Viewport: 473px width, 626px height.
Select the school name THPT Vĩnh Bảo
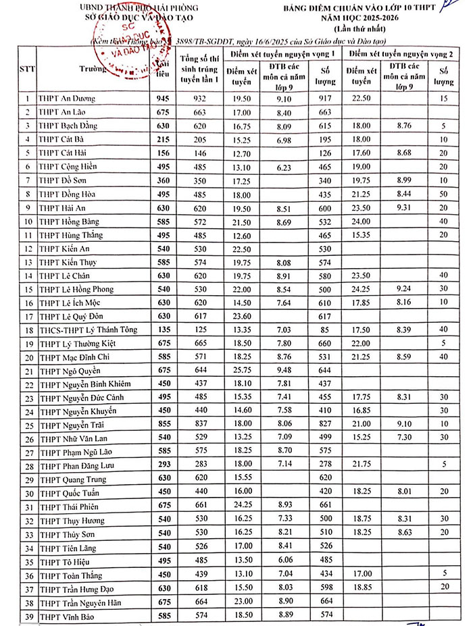click(x=65, y=618)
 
